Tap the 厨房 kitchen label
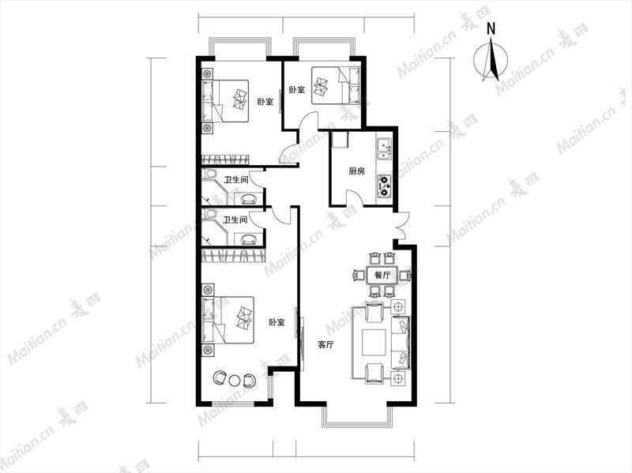pos(356,171)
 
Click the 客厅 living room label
pos(325,345)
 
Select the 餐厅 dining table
pos(382,276)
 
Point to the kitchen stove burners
pos(384,186)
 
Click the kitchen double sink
pos(384,150)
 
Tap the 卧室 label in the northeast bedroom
pos(297,89)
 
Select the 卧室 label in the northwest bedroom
pos(265,102)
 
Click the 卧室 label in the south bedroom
pos(277,322)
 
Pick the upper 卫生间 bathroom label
pos(235,180)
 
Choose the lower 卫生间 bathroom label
pos(235,220)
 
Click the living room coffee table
pos(374,343)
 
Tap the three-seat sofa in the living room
pos(401,343)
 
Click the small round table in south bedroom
pos(234,380)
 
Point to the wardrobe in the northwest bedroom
pos(225,160)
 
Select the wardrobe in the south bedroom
pos(233,255)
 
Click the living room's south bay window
pos(357,415)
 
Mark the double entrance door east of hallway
pos(403,226)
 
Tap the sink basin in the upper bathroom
pos(248,199)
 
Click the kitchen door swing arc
pos(355,197)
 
